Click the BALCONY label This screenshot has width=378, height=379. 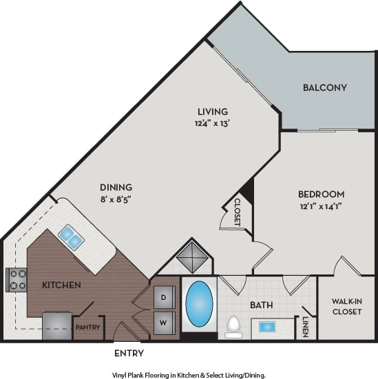324,87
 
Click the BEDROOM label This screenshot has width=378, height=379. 322,195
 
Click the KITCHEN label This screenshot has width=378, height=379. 62,285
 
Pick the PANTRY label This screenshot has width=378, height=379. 88,327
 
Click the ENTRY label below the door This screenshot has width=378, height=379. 128,354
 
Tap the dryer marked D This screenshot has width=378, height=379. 164,298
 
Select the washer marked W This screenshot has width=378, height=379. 164,321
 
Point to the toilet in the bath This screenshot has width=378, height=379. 233,325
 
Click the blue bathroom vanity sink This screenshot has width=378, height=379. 269,326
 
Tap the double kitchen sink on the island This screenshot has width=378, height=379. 72,238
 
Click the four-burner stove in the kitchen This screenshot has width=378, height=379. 17,279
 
